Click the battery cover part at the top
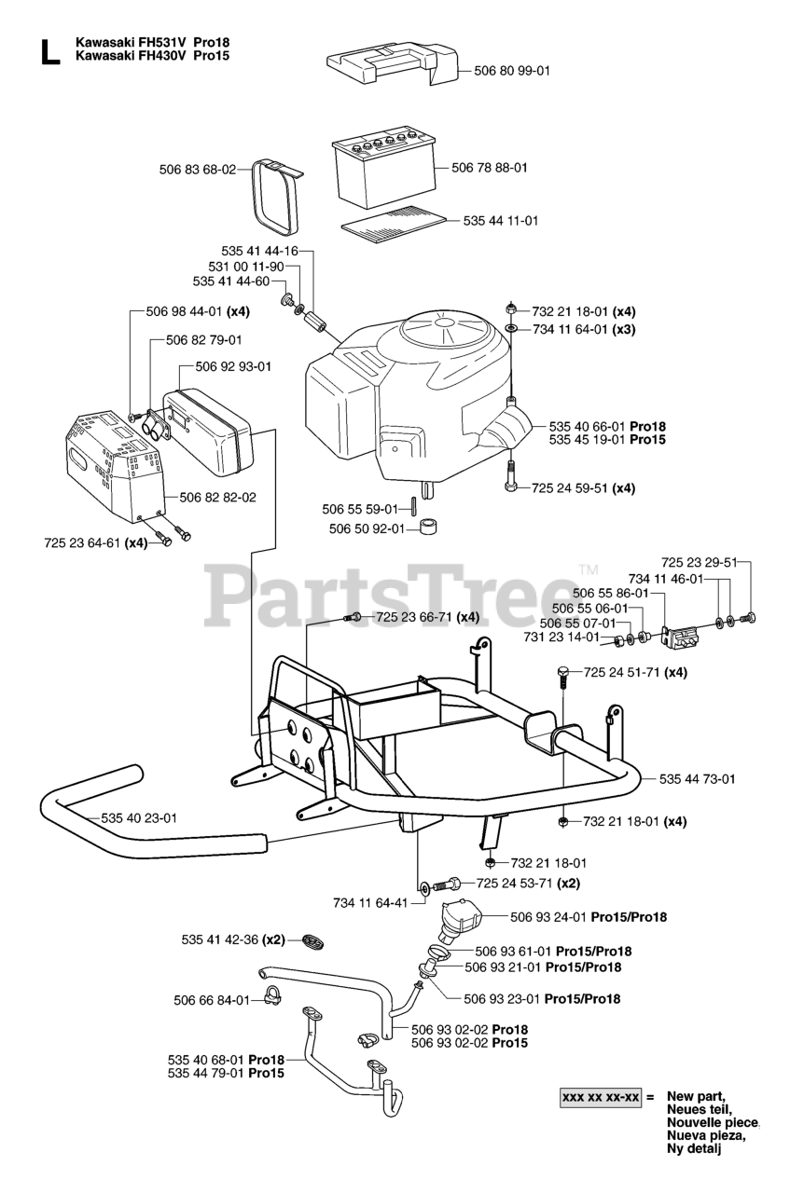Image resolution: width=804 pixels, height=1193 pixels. point(392,66)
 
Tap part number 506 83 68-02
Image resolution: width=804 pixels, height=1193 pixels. point(197,170)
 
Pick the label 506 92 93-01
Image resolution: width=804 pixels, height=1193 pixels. point(232,366)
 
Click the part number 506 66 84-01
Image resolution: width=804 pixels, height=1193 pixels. point(212,1000)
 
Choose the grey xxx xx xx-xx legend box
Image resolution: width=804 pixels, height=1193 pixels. point(601,1098)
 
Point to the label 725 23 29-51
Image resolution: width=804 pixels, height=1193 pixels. point(699,563)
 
